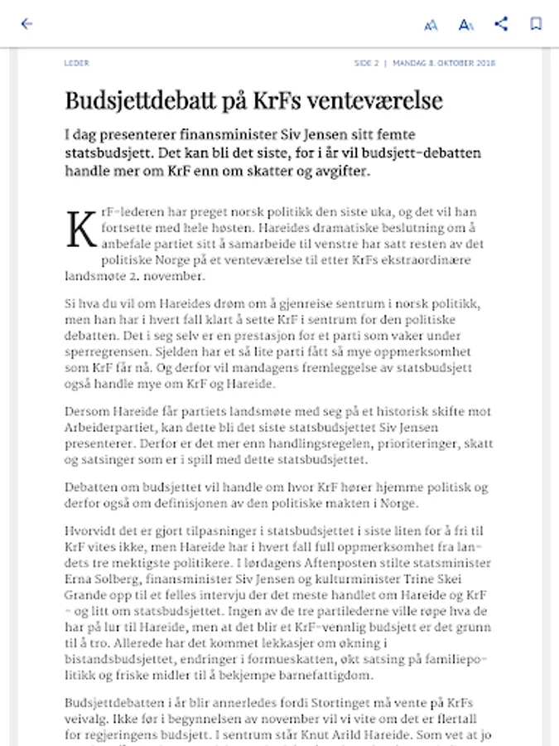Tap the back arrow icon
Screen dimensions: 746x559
(x=27, y=24)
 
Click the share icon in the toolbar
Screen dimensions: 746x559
(x=501, y=24)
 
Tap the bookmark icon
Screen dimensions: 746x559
(x=536, y=24)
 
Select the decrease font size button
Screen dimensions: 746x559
(x=431, y=25)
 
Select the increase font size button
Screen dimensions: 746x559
(x=466, y=25)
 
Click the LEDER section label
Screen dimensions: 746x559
(x=76, y=63)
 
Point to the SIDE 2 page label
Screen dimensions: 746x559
(x=366, y=63)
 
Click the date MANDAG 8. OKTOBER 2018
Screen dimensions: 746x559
(x=445, y=63)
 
